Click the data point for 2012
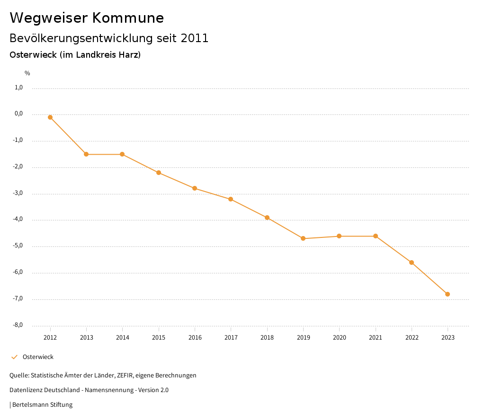50,117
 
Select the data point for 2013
86,154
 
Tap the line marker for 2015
159,173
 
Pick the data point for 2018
267,218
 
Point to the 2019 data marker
303,238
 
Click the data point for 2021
376,236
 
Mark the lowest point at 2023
448,294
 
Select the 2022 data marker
412,262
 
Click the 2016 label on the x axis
195,338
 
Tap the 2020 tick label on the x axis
340,338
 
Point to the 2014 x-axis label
122,338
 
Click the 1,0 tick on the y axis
19,87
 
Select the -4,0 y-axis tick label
18,219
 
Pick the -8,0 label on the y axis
18,325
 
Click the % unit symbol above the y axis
27,73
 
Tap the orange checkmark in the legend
14,357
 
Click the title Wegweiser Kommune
87,18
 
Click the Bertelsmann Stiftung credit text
42,405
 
